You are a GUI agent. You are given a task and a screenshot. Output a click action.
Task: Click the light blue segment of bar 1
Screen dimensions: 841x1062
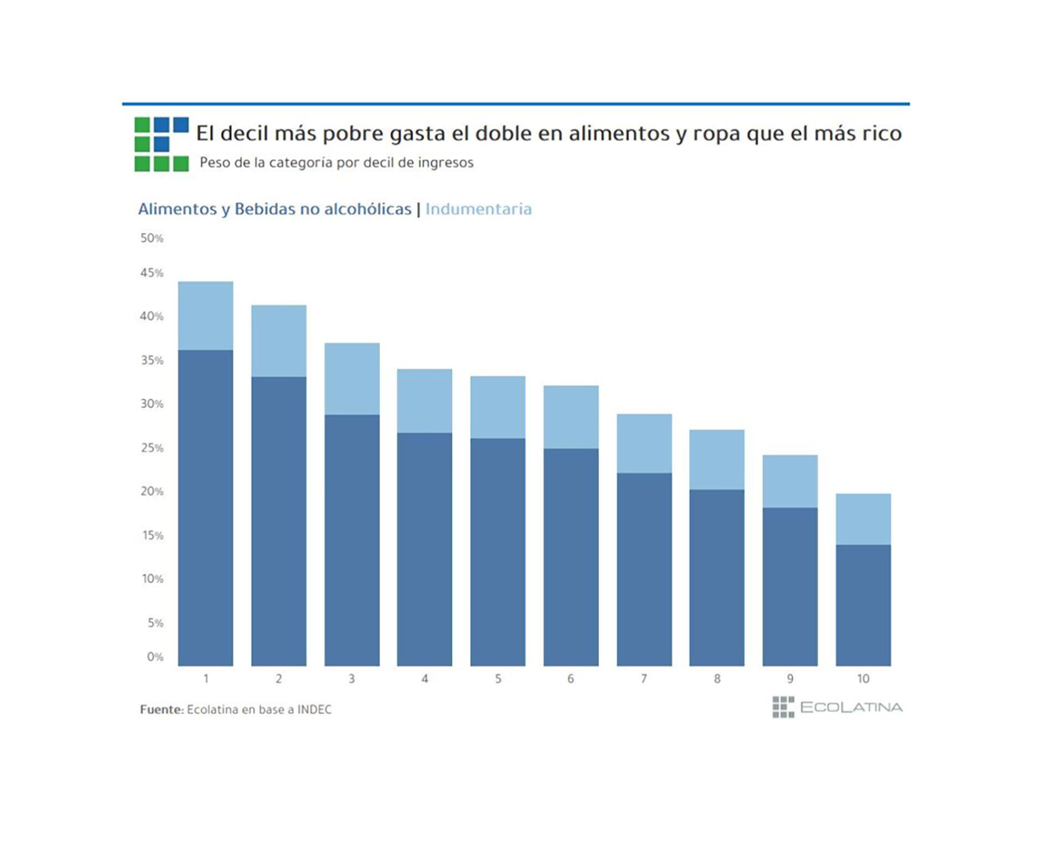(x=205, y=316)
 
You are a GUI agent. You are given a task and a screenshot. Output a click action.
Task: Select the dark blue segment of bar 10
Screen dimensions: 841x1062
(x=863, y=605)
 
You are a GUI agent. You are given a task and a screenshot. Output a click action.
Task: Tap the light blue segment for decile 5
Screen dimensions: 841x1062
(x=498, y=407)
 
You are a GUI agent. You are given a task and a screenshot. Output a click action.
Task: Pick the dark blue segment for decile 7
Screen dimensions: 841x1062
(x=644, y=569)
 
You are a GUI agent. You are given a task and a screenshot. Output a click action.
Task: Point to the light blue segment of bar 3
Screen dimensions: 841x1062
(x=352, y=379)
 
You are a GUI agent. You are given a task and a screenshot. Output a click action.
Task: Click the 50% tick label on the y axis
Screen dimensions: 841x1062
(x=152, y=238)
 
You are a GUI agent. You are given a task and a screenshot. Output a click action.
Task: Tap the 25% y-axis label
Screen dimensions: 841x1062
(x=152, y=448)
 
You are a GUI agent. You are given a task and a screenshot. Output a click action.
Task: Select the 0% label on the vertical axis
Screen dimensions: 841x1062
(x=155, y=657)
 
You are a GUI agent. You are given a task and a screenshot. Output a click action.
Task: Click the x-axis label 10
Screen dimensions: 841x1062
(x=863, y=678)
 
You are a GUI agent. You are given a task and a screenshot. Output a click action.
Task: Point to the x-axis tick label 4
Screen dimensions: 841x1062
(x=425, y=678)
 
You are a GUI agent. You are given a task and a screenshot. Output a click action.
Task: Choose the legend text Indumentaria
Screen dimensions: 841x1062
(x=478, y=209)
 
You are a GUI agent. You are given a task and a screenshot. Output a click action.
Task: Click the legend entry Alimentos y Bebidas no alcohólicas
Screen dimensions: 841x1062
(x=274, y=209)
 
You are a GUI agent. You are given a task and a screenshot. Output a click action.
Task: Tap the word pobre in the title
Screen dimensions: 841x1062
(x=353, y=133)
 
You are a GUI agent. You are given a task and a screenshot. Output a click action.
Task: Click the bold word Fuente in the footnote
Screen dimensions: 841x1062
(x=160, y=709)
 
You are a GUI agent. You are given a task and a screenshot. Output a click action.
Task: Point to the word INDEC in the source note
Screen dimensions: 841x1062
(x=314, y=709)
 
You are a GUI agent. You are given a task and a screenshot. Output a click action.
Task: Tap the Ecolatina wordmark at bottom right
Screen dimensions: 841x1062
(x=851, y=707)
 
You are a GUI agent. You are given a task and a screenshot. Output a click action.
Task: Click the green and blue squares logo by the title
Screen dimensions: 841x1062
(x=162, y=144)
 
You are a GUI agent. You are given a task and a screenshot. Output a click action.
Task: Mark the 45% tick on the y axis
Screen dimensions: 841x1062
(x=152, y=273)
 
